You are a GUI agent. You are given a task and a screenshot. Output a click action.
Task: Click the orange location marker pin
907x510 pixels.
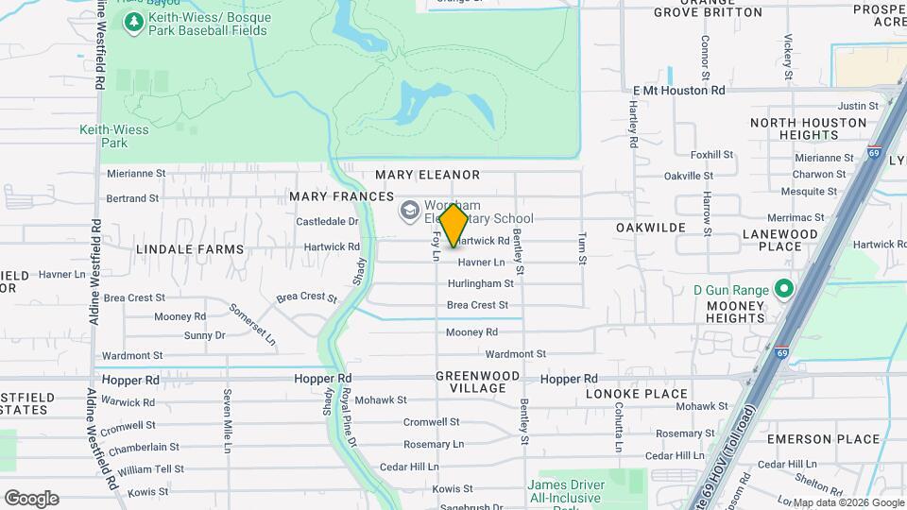tap(453, 226)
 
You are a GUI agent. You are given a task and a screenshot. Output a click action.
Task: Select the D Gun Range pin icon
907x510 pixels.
tap(783, 288)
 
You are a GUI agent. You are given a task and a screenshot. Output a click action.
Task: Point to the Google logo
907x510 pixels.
tap(31, 499)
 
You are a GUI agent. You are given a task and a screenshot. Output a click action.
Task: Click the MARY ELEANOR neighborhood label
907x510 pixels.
tap(427, 175)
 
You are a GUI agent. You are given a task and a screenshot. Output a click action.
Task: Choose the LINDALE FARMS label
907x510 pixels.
tap(190, 249)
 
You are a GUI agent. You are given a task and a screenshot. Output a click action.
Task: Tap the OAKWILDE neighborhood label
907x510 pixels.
tap(650, 229)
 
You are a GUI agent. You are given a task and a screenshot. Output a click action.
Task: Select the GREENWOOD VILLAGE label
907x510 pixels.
tap(478, 382)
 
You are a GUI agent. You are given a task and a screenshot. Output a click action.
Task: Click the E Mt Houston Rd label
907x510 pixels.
tap(678, 91)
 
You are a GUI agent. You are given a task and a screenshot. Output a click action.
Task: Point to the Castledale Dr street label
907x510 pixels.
tap(328, 222)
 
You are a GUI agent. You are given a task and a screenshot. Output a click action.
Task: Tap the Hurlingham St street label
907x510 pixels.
tap(481, 283)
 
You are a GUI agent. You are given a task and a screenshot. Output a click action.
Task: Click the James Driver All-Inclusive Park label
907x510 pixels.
tap(565, 493)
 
